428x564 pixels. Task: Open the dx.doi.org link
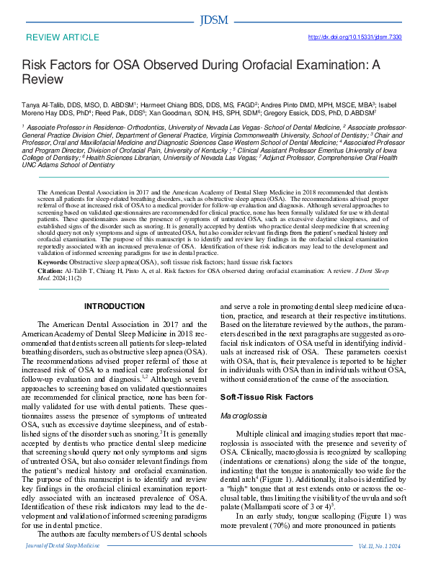[x=355, y=37]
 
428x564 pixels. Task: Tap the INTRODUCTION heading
[x=115, y=306]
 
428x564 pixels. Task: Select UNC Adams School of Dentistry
[x=68, y=164]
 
